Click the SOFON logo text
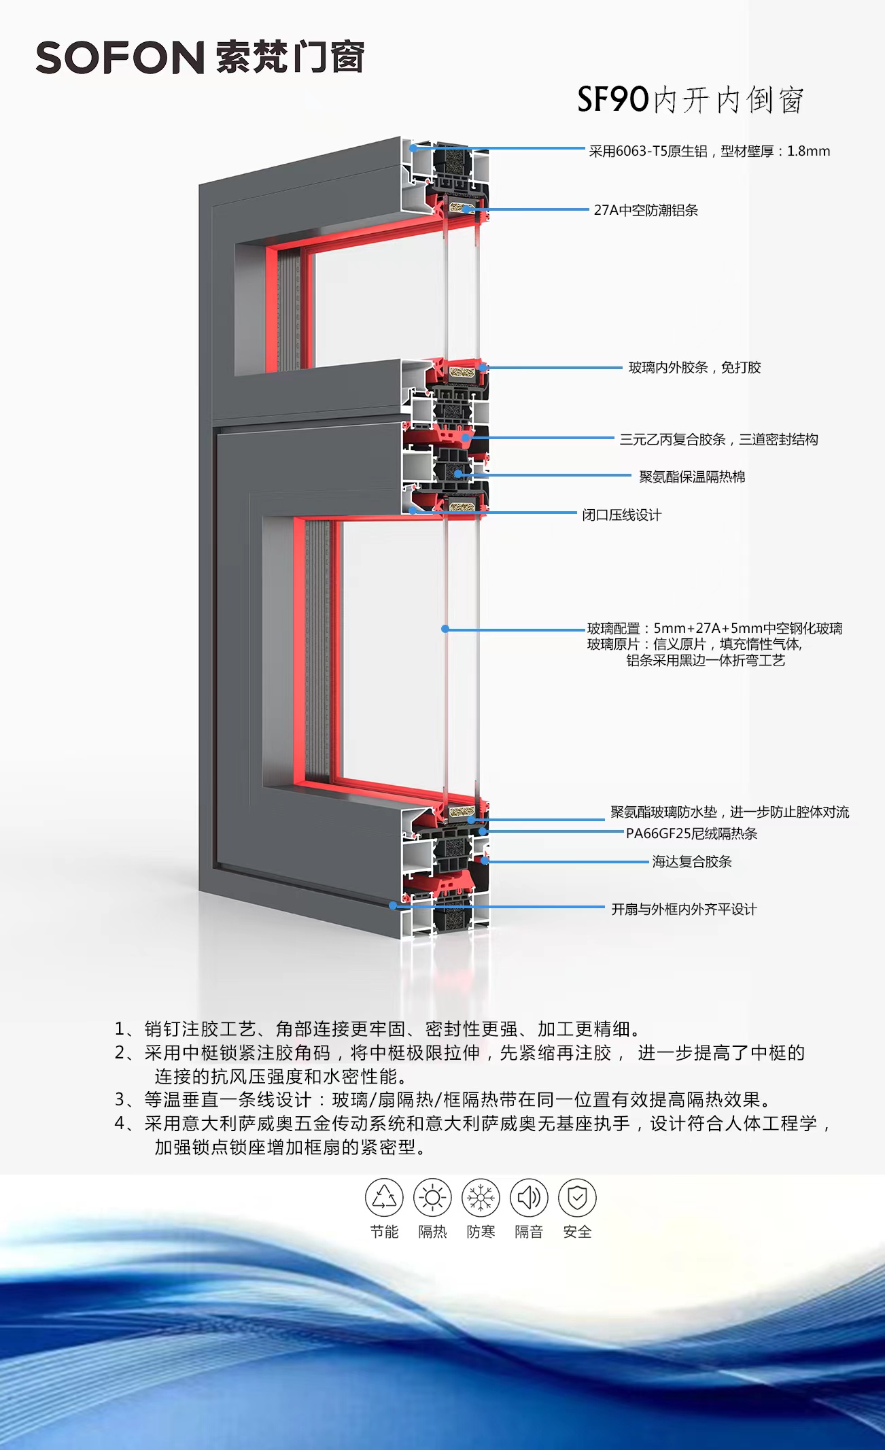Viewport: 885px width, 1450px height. pyautogui.click(x=120, y=58)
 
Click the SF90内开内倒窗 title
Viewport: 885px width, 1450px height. pyautogui.click(x=691, y=100)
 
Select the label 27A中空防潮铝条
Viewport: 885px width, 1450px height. pyautogui.click(x=646, y=210)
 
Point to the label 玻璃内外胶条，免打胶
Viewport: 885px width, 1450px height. pyautogui.click(x=694, y=368)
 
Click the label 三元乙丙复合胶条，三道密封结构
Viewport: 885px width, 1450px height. pyautogui.click(x=718, y=440)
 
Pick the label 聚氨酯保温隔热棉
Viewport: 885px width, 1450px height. pyautogui.click(x=692, y=477)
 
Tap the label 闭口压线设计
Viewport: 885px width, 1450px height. pyautogui.click(x=621, y=515)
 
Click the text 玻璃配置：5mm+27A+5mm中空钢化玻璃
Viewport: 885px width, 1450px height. pyautogui.click(x=714, y=628)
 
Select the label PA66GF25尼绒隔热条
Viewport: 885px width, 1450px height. pyautogui.click(x=691, y=833)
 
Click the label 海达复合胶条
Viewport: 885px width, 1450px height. pyautogui.click(x=692, y=862)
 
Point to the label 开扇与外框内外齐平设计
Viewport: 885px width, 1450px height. pyautogui.click(x=684, y=910)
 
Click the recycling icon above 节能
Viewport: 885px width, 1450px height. pyautogui.click(x=384, y=1197)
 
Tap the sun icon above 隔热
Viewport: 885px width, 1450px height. pyautogui.click(x=432, y=1197)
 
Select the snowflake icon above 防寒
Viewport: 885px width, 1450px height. pyautogui.click(x=481, y=1197)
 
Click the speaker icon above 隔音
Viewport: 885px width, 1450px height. pyautogui.click(x=529, y=1197)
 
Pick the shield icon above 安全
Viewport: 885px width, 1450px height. pyautogui.click(x=577, y=1197)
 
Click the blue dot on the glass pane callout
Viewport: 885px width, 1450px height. pyautogui.click(x=445, y=629)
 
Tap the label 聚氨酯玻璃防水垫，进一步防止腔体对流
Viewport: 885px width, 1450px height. pyautogui.click(x=729, y=812)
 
